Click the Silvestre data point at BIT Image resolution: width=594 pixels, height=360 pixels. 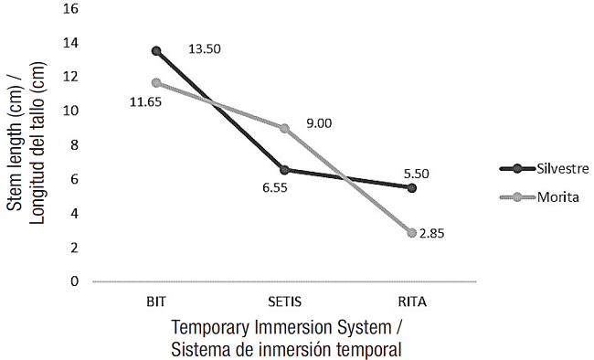point(156,51)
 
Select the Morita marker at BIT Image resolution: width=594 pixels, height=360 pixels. point(156,83)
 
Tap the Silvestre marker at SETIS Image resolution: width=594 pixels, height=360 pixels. point(284,170)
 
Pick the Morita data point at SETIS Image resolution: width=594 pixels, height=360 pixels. point(284,128)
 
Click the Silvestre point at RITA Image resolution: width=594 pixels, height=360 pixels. point(412,187)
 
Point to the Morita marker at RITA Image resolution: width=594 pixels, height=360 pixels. point(412,233)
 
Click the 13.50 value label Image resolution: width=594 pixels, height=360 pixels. point(206,48)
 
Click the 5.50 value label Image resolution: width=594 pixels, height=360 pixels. point(416,171)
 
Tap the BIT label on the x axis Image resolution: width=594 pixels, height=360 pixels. point(156,300)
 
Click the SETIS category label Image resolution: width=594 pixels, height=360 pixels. point(284,300)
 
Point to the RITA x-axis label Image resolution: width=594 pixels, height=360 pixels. point(412,300)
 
